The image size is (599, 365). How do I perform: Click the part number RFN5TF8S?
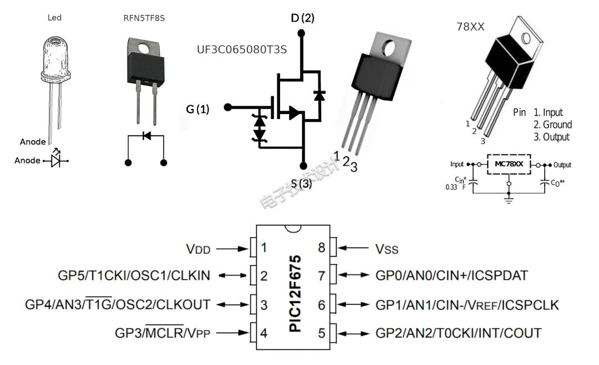144,18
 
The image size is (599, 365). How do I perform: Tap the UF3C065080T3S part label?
242,50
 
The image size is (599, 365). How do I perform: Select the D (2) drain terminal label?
302,18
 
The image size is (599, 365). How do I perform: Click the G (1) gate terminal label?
198,109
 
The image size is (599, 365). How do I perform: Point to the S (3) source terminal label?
302,184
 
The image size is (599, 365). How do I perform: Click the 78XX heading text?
471,27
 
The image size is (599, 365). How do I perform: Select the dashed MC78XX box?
509,164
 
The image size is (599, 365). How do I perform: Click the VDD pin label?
198,249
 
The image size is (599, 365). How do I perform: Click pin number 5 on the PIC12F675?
321,333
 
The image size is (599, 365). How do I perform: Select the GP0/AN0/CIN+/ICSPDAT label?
451,275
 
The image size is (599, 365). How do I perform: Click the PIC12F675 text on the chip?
295,293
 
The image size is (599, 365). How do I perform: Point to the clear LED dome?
54,58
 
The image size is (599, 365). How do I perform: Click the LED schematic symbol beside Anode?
56,160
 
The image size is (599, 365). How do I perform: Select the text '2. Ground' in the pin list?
552,125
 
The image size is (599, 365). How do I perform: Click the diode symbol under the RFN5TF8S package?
146,135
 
